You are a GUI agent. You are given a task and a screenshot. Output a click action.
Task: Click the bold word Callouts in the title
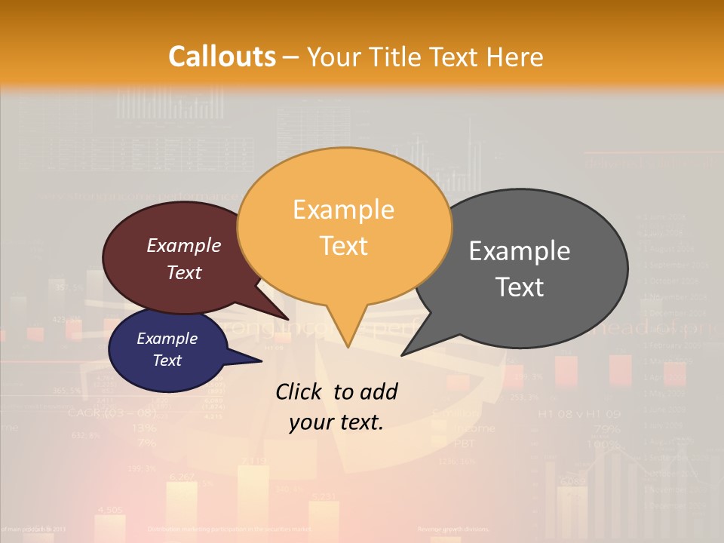(222, 57)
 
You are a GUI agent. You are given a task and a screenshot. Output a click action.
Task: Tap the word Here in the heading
(515, 57)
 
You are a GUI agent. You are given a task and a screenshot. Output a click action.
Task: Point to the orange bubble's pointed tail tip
(348, 347)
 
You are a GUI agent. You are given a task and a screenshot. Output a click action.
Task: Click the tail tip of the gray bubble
(402, 354)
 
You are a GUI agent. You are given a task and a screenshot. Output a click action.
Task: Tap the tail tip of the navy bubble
(261, 361)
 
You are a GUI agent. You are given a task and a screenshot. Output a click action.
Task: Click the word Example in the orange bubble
(343, 210)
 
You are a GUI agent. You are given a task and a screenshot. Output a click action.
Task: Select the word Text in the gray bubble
(520, 287)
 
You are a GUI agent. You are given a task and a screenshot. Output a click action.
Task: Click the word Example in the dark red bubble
(184, 245)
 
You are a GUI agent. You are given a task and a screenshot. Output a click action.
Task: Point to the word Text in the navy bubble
(167, 360)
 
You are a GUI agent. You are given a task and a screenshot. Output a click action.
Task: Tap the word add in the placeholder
(379, 391)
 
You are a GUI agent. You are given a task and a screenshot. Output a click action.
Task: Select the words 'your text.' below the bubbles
(336, 422)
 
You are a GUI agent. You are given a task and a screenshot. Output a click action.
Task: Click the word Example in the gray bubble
(520, 250)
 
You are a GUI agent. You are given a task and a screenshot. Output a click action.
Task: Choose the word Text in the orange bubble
(343, 246)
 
